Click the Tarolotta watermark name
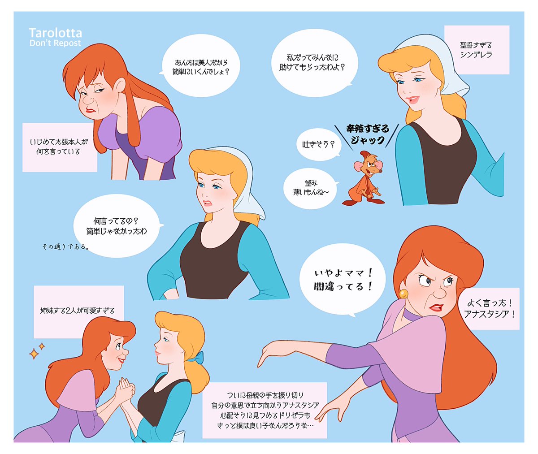click(55, 33)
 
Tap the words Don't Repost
click(55, 43)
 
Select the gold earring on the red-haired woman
click(403, 294)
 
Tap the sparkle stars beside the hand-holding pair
click(37, 350)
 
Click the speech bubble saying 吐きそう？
click(318, 145)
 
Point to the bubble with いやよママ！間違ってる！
click(343, 280)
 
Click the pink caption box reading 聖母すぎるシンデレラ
click(476, 50)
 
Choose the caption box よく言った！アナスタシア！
click(489, 308)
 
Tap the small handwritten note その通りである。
click(65, 246)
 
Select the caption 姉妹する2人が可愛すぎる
click(78, 311)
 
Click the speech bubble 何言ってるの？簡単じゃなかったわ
click(117, 226)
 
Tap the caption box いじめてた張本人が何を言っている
click(60, 147)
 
